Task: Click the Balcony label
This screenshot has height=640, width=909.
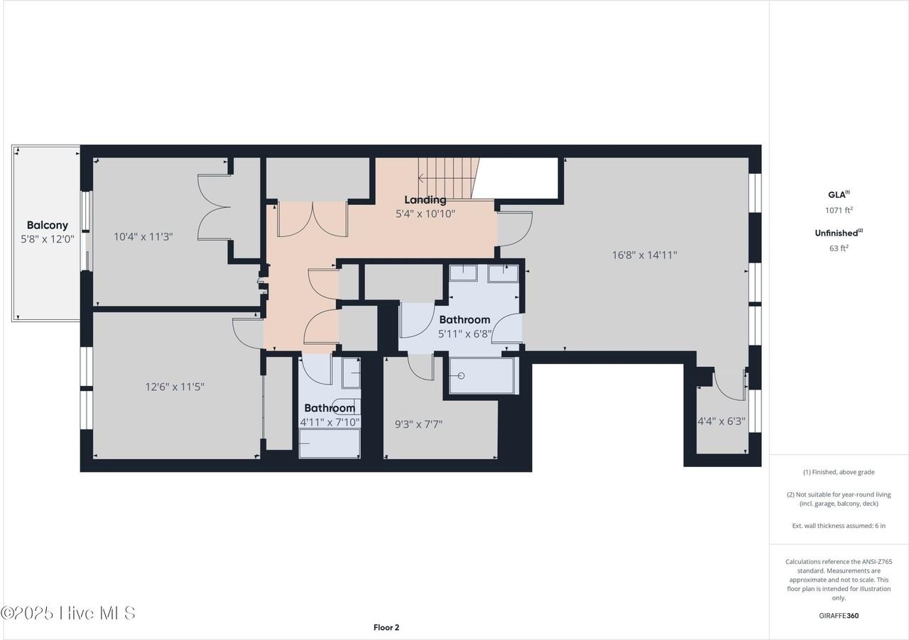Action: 48,225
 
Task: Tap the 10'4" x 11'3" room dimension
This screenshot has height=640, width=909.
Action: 143,236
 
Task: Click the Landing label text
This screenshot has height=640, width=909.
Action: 425,200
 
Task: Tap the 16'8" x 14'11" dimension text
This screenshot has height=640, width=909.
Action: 644,255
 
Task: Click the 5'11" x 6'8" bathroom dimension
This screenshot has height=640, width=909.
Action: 464,333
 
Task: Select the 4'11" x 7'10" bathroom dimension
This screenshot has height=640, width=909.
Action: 330,421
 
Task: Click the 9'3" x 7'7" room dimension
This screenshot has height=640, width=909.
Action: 418,424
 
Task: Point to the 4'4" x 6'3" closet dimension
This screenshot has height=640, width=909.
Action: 721,421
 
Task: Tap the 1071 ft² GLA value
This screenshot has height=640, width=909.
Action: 839,210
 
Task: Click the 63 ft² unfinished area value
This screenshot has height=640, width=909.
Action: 839,248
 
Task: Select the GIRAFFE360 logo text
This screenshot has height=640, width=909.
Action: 839,615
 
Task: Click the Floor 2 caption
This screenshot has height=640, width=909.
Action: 386,627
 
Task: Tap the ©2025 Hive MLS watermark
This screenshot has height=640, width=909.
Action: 68,613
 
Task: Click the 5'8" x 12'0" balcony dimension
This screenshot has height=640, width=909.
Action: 48,239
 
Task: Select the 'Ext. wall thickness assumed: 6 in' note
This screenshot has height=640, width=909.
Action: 839,526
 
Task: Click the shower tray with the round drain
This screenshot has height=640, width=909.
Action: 481,375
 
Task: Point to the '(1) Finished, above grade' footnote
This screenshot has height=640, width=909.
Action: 839,472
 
